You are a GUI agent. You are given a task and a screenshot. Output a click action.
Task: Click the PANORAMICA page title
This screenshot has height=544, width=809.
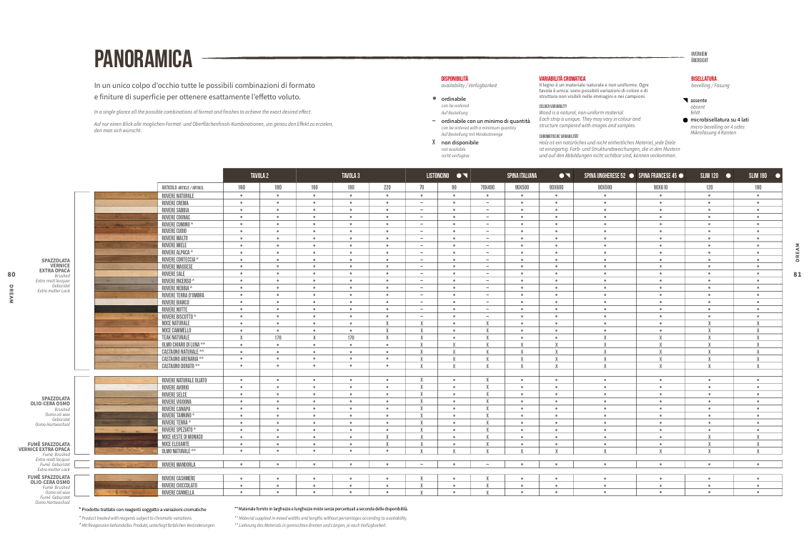coord(143,58)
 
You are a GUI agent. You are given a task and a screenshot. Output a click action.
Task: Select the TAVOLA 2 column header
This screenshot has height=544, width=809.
coord(259,176)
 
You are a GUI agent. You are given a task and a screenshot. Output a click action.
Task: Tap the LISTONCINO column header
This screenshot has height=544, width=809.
coord(437,176)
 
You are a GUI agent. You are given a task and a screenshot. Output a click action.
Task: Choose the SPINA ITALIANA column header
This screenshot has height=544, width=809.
coord(522,176)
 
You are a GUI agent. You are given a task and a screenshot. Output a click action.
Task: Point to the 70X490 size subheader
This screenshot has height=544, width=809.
coord(487,187)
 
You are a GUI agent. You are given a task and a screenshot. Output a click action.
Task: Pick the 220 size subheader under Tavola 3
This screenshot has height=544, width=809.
coord(387,187)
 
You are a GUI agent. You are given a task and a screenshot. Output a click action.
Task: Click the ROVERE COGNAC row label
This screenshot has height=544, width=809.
coord(176,217)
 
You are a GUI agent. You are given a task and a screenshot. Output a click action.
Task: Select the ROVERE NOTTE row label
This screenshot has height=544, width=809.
coord(174,309)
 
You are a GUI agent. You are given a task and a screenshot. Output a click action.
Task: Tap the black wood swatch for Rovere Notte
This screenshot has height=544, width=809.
coord(126,309)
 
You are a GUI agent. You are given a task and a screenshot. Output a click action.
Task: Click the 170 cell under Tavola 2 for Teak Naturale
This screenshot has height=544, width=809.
coord(278,337)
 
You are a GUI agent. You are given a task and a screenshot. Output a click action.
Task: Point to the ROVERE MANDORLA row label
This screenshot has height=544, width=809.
coord(179,465)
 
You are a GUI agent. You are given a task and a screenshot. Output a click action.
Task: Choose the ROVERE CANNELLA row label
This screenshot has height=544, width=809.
coord(178,493)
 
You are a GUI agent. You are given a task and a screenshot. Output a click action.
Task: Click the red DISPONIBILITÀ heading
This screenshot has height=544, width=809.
coord(455,79)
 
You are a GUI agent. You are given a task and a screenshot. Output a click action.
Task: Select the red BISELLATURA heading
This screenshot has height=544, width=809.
coord(703,79)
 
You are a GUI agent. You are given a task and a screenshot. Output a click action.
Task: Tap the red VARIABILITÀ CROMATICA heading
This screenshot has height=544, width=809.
coord(562,79)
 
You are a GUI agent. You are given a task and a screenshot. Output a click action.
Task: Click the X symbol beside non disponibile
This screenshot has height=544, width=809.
coord(434,142)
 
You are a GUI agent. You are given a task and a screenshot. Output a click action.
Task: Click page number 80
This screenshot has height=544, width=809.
coord(11,274)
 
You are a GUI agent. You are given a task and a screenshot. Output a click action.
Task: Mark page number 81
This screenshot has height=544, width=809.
coord(798,274)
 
